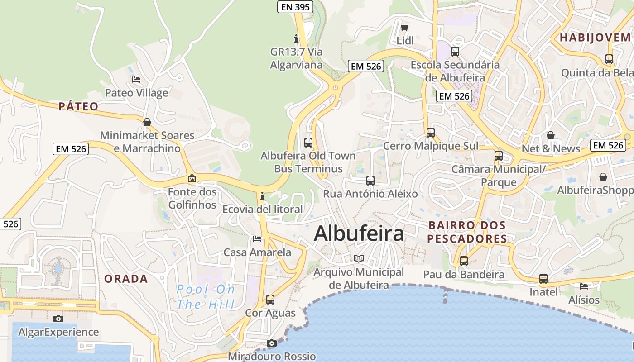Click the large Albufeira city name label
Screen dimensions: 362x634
[359, 233]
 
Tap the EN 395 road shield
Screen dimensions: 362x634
[295, 7]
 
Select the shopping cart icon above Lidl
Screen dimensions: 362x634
[405, 27]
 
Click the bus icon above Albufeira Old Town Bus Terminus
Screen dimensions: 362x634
[308, 142]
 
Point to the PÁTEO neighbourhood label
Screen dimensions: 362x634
[78, 107]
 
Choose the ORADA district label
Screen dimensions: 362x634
[126, 279]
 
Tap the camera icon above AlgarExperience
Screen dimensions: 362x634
[58, 319]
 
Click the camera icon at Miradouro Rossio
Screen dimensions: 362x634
[271, 343]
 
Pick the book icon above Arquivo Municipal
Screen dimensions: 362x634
[359, 258]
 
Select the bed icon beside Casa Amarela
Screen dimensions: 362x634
[257, 238]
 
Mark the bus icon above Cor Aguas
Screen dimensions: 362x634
[270, 299]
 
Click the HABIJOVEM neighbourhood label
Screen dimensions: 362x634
[595, 38]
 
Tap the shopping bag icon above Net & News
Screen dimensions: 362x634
[551, 135]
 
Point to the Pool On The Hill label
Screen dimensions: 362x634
[206, 296]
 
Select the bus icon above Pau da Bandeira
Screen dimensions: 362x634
[463, 261]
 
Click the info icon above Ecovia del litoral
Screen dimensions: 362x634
[262, 196]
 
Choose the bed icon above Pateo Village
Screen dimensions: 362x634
[136, 80]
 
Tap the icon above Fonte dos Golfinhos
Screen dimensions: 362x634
[192, 179]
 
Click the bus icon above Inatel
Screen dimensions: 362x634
[543, 279]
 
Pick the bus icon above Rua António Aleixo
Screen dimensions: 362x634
[370, 181]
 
